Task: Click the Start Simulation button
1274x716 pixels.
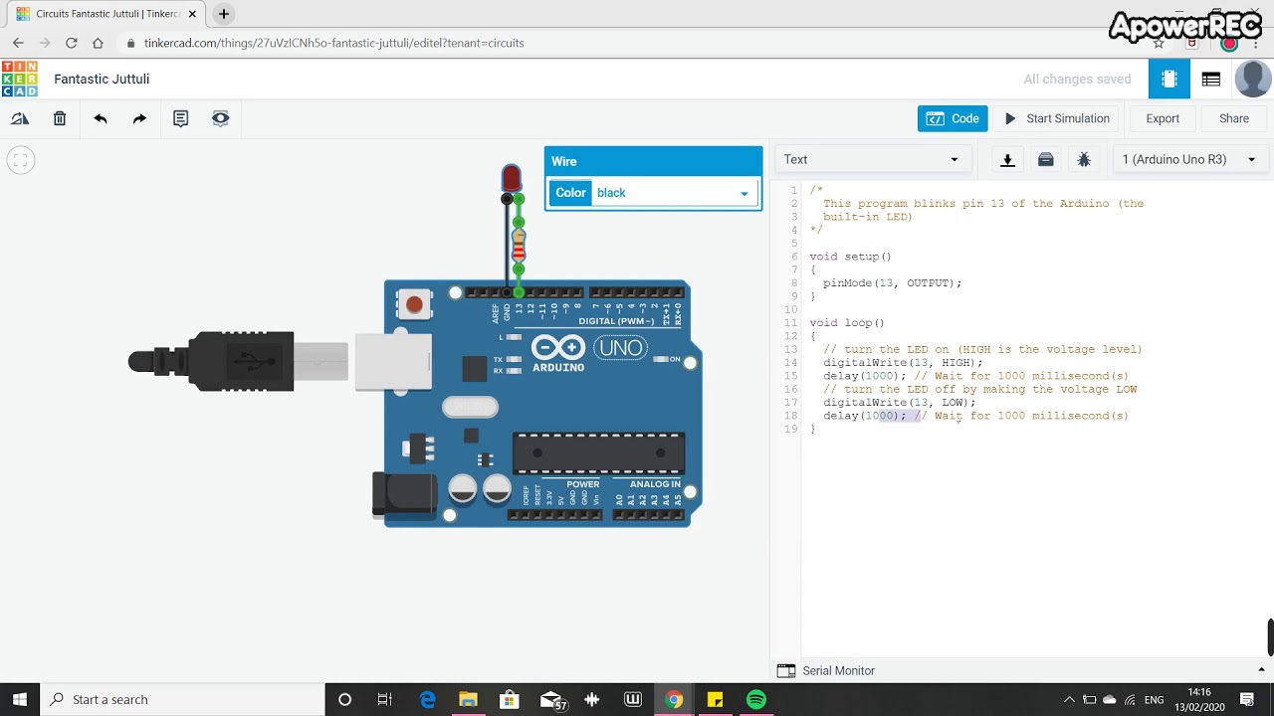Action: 1057,118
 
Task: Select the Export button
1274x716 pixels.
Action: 1162,118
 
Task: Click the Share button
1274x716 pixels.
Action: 1233,118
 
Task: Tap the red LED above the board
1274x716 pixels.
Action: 511,178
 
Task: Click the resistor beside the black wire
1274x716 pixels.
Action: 519,244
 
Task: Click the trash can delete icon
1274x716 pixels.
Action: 60,118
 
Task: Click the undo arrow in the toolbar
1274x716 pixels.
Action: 101,118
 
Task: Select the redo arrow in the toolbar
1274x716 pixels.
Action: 139,118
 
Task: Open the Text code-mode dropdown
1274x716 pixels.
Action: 871,159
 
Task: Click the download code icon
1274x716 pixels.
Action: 1007,159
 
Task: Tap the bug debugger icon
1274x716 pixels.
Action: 1084,159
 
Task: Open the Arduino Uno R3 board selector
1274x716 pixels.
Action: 1188,159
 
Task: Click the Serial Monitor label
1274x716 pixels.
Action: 838,671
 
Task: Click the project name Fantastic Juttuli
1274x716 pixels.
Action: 102,79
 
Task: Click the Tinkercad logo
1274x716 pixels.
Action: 19,79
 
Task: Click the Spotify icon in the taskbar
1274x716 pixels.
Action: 755,699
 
